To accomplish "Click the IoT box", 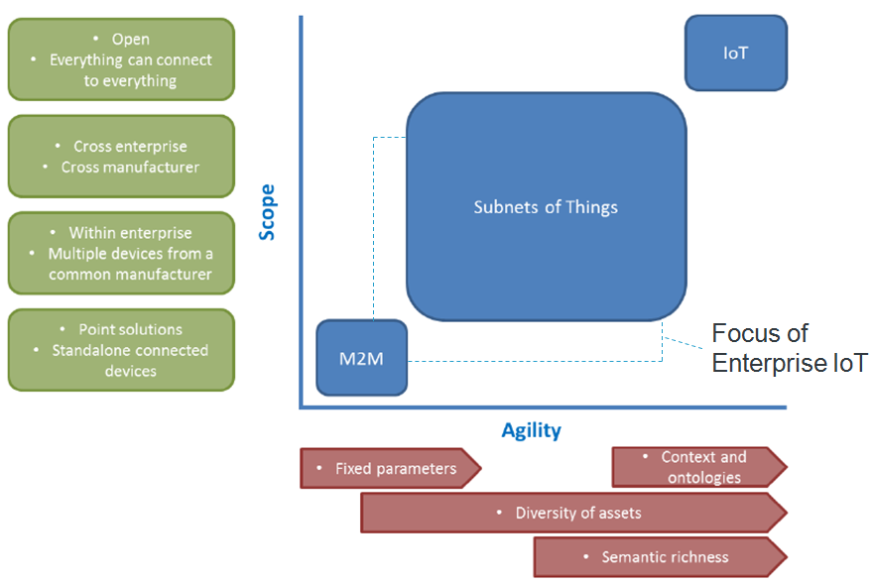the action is click(735, 53).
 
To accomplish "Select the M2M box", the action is click(362, 358).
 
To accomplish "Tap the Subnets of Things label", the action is click(546, 207).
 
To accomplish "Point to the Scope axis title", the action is click(267, 212).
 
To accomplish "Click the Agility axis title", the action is click(531, 430).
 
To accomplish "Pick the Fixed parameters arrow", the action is click(390, 468).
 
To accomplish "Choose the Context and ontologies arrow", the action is click(699, 467).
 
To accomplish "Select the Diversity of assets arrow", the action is click(573, 513).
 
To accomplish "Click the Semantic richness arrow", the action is click(661, 557).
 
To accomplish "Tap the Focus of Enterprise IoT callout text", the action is click(790, 348).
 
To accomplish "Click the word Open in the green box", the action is click(130, 39).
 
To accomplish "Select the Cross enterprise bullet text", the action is click(130, 147).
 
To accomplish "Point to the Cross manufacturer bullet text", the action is click(130, 167).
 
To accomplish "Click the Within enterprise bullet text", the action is click(130, 233).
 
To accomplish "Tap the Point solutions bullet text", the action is click(130, 329).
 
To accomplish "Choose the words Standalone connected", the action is click(130, 350).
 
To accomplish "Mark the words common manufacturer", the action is click(130, 275).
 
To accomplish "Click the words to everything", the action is click(130, 80).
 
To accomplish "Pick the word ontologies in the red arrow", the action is click(704, 478).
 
